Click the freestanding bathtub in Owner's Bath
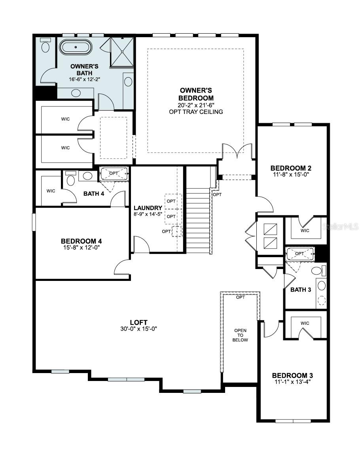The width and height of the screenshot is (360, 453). click(x=76, y=47)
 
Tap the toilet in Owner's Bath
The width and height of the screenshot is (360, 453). click(x=45, y=45)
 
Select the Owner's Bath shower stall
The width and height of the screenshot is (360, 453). click(x=122, y=52)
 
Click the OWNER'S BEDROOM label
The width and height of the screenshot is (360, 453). click(x=196, y=94)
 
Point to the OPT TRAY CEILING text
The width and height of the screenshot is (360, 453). click(x=196, y=112)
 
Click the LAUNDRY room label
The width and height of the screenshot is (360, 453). click(x=148, y=208)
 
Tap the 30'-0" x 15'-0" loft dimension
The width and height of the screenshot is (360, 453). click(x=139, y=329)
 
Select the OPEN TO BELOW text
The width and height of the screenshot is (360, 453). click(x=241, y=335)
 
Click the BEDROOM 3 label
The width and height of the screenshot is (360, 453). click(x=292, y=375)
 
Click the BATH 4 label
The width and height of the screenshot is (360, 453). click(x=94, y=193)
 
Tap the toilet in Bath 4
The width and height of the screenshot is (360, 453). click(x=70, y=178)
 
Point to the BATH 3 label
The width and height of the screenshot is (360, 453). click(x=301, y=290)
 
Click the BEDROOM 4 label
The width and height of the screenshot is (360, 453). click(x=81, y=241)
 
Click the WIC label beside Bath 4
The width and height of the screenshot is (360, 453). click(x=51, y=191)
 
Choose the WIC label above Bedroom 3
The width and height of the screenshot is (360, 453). click(x=305, y=323)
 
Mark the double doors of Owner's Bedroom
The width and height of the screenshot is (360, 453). click(x=237, y=151)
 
